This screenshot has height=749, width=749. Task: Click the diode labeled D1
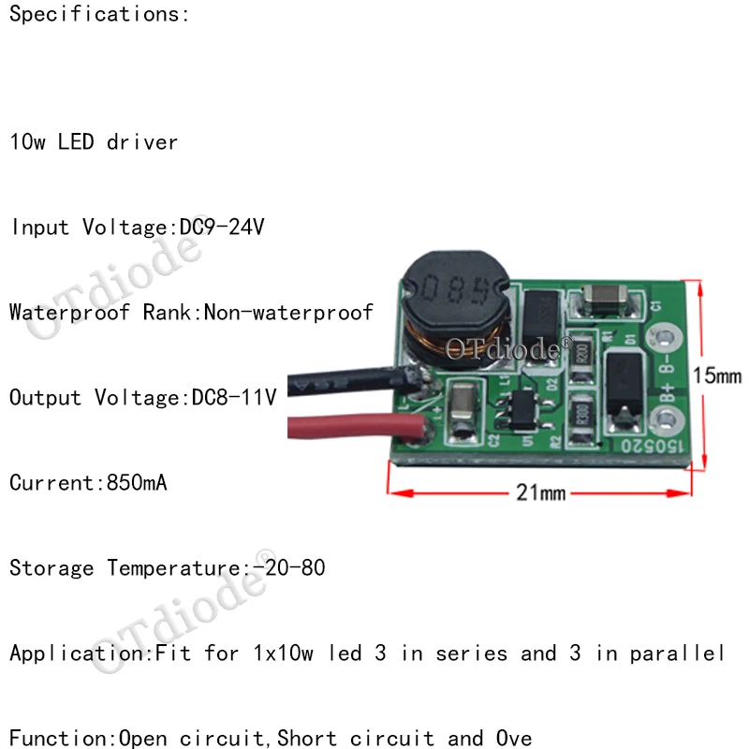622,386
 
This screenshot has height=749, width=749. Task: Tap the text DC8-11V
233,398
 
